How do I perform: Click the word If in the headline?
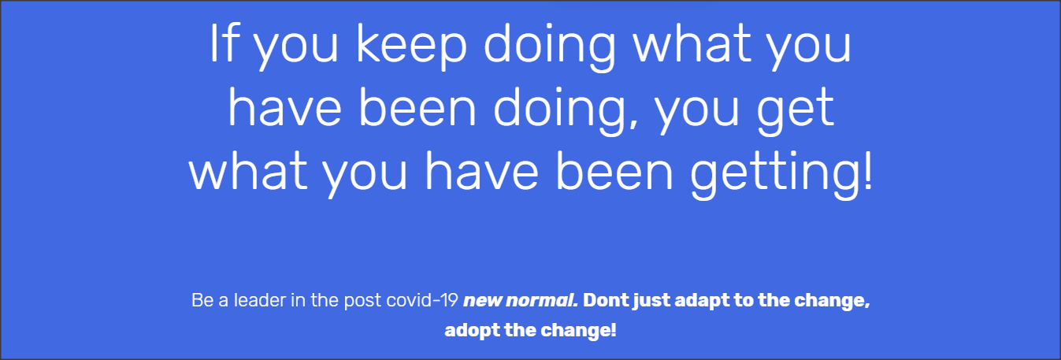click(223, 43)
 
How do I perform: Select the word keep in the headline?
click(411, 48)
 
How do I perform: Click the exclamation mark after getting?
click(866, 169)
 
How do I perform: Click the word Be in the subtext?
click(202, 300)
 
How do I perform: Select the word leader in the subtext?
click(260, 300)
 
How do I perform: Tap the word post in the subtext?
click(362, 302)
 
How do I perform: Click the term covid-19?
click(422, 300)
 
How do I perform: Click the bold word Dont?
click(606, 300)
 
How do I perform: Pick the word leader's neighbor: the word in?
click(298, 300)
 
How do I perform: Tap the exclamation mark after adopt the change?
click(614, 330)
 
